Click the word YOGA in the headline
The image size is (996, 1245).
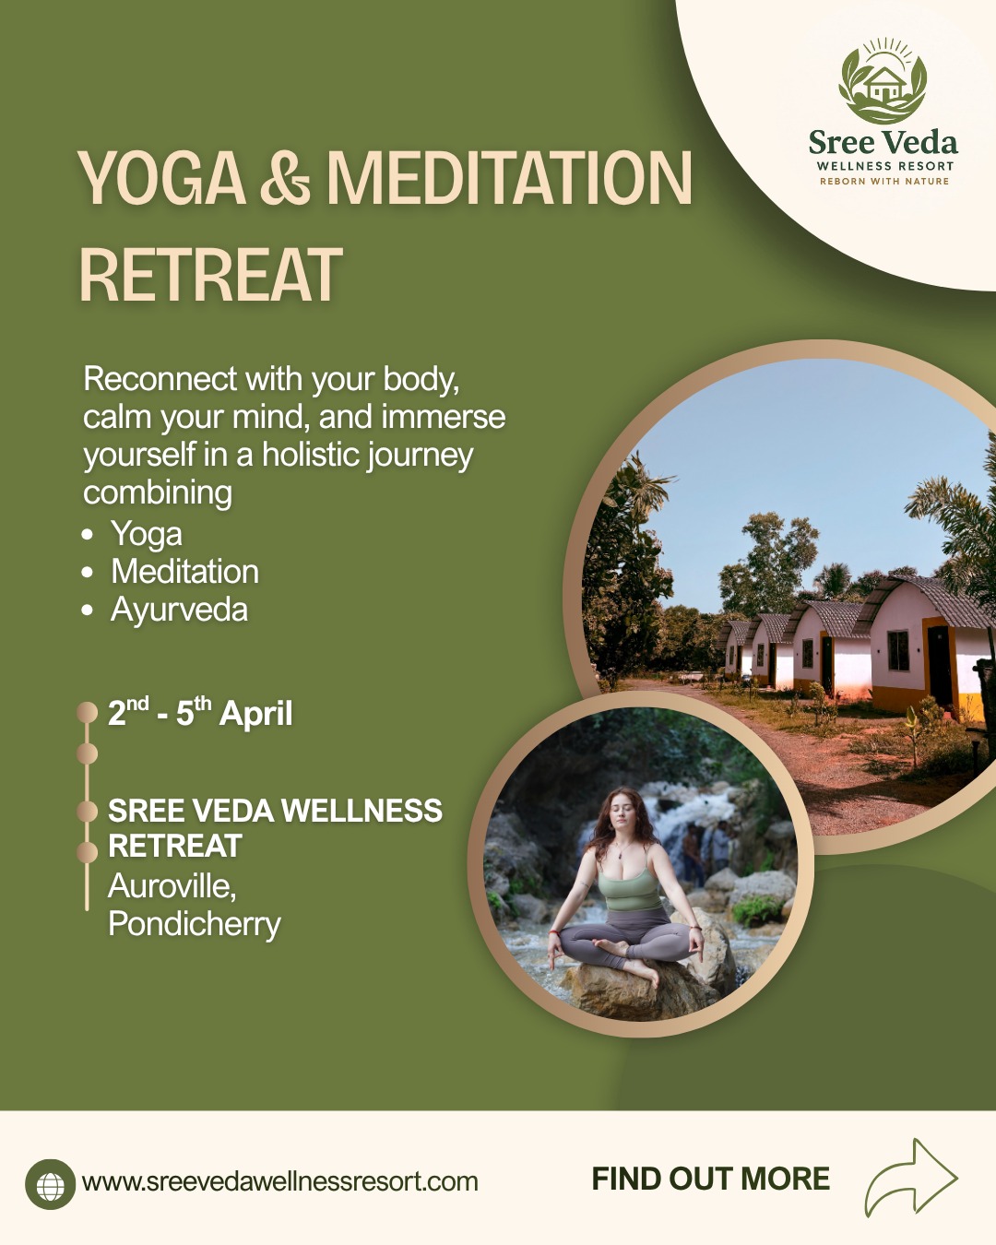click(x=161, y=178)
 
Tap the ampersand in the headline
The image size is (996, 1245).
click(x=285, y=178)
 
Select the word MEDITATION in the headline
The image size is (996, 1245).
click(x=509, y=178)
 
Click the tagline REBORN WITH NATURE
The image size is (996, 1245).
click(x=884, y=182)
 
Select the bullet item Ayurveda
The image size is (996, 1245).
click(x=180, y=610)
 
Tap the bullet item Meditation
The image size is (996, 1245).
click(x=185, y=572)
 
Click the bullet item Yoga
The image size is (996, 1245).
click(x=147, y=534)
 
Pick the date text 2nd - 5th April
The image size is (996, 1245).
click(x=200, y=713)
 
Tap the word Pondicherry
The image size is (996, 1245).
click(x=195, y=924)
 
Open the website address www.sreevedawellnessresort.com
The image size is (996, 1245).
click(x=279, y=1181)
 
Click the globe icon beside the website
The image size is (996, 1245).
click(x=51, y=1184)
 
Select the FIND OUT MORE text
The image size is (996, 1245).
click(x=711, y=1179)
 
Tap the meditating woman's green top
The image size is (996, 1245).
click(x=629, y=889)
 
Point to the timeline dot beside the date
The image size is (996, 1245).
click(x=88, y=712)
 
